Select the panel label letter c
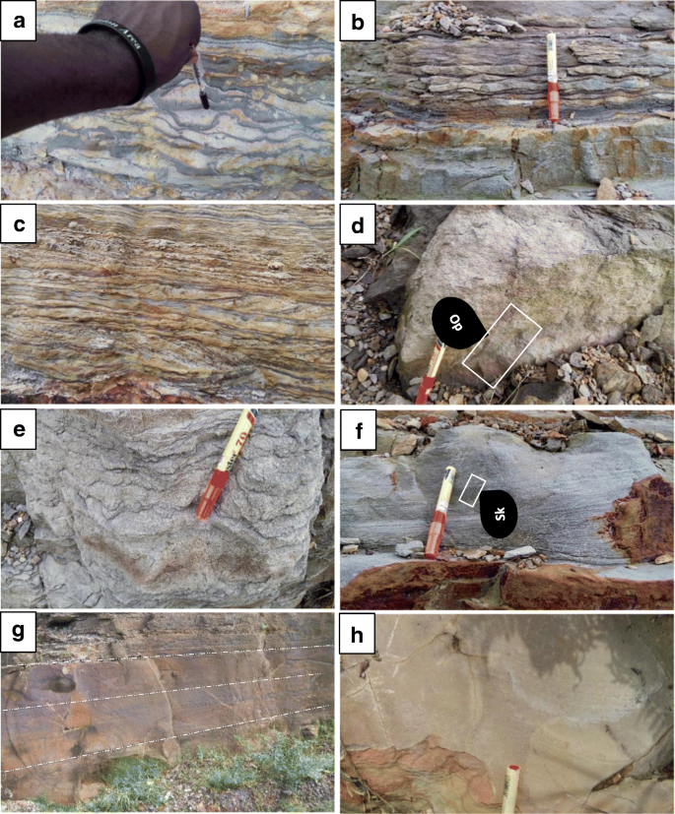point(19,226)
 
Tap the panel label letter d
point(360,226)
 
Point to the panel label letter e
point(19,431)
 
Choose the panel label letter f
point(360,431)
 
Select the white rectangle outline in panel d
point(503,344)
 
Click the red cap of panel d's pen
point(425,389)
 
